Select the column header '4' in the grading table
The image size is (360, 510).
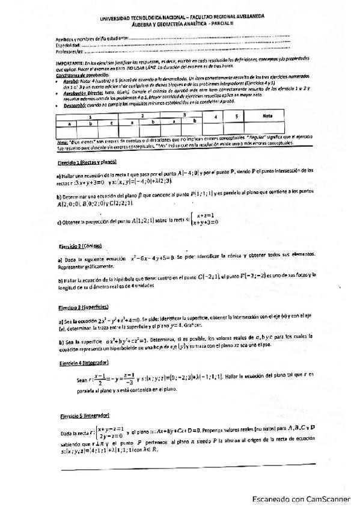coord(215,117)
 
